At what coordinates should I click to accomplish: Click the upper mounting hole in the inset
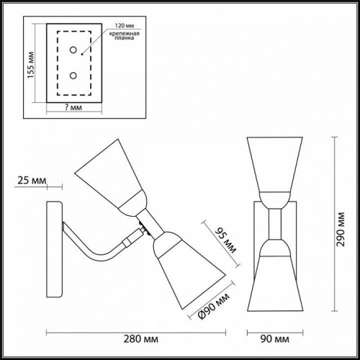pos(73,50)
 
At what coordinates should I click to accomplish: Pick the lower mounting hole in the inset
pos(73,74)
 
